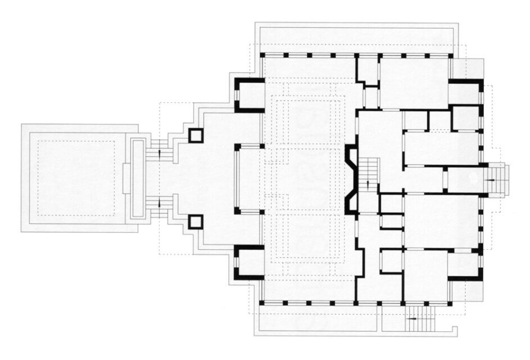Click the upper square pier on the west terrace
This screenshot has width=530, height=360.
point(195,136)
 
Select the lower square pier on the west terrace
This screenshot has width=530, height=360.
point(195,222)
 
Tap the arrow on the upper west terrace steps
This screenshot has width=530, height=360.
point(160,152)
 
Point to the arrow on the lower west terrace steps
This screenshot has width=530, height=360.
point(160,204)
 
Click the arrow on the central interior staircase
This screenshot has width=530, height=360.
point(368,183)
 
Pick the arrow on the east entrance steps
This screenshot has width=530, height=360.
point(491,179)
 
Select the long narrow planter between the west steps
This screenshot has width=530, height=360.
point(138,178)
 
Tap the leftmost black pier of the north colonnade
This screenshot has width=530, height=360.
point(262,55)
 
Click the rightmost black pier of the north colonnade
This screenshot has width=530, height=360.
point(450,55)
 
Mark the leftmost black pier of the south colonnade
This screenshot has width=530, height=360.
point(262,303)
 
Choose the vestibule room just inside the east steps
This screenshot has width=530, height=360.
point(463,179)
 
